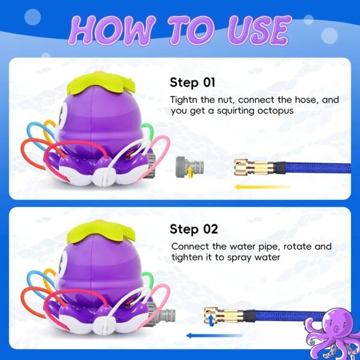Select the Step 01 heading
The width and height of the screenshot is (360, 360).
pyautogui.click(x=193, y=82)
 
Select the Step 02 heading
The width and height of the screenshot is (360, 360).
pyautogui.click(x=194, y=229)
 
